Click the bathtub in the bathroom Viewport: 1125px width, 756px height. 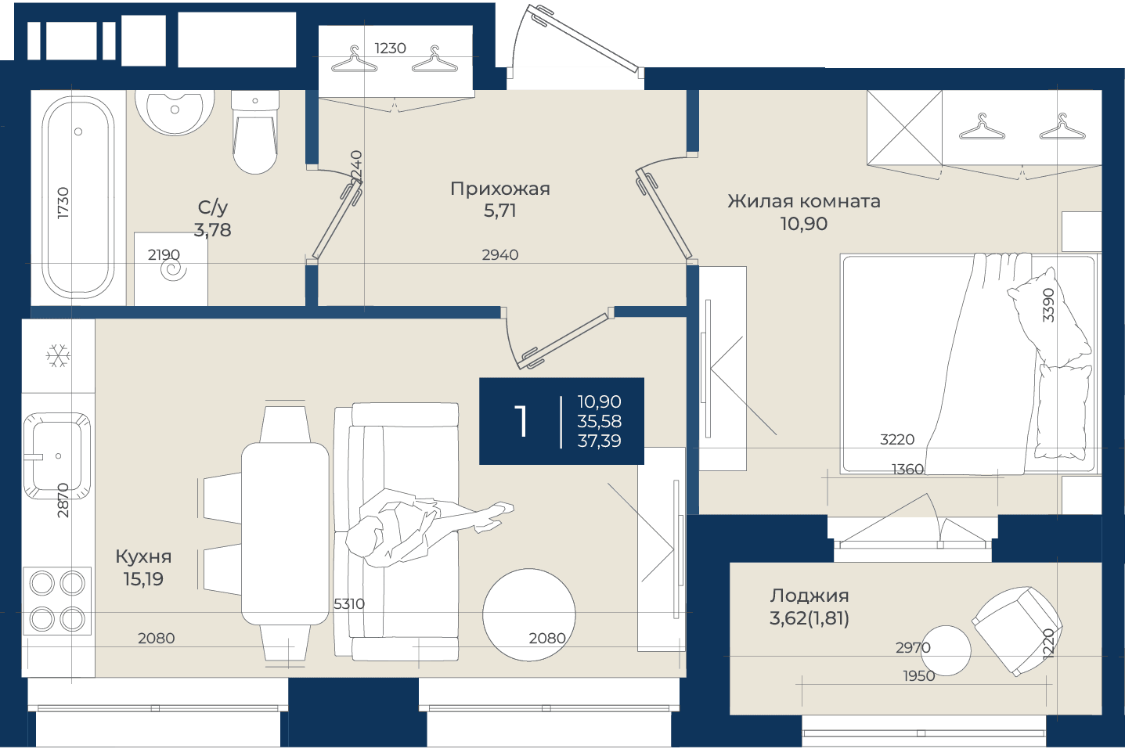(78, 197)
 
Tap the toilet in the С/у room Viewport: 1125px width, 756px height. (255, 132)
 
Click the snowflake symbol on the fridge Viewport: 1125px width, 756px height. (58, 355)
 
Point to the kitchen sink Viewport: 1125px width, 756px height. (56, 455)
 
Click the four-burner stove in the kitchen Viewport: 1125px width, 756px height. (57, 601)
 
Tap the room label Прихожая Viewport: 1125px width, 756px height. (499, 189)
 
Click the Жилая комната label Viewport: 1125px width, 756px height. (803, 201)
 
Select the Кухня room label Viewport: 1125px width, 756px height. (143, 556)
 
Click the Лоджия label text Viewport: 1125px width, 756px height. (809, 596)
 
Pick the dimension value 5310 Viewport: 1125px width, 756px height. (349, 603)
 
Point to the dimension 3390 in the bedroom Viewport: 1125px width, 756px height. (1048, 304)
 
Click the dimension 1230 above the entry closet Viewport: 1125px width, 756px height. (390, 49)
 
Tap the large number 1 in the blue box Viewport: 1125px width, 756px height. (521, 422)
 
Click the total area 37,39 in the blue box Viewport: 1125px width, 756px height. (599, 441)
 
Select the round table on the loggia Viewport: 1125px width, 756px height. (946, 650)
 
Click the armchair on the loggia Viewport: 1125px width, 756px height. (1017, 631)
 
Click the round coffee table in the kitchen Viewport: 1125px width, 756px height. (529, 615)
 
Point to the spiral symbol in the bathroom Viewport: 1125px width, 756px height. (173, 270)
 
